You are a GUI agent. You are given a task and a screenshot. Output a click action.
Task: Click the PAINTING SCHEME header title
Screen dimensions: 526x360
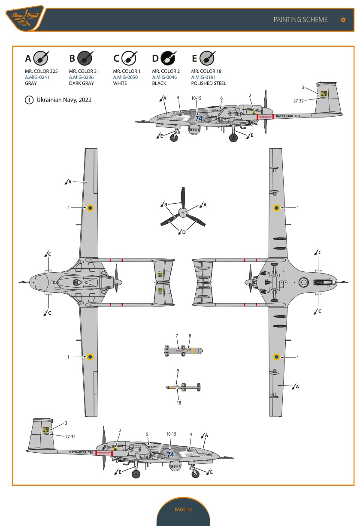point(300,20)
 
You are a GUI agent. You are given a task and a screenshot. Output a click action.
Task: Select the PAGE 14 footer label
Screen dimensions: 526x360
point(183,509)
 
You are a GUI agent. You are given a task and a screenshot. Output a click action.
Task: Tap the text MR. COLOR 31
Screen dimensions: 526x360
point(84,71)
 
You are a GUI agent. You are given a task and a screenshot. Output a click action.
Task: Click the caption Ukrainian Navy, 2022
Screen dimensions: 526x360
point(64,100)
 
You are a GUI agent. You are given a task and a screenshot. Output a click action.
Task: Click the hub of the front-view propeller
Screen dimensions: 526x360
point(183,212)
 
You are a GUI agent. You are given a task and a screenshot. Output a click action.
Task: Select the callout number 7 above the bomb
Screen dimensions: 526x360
point(176,335)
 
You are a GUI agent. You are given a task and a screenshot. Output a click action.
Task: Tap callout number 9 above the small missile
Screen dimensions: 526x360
point(178,370)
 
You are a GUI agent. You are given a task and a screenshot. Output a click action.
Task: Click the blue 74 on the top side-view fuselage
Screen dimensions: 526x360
point(199,118)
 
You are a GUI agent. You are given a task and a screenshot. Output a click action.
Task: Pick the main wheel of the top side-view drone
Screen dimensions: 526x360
point(233,138)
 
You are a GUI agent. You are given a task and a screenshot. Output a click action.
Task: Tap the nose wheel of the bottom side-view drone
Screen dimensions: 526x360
point(195,474)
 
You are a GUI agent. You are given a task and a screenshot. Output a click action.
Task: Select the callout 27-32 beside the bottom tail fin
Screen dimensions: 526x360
point(70,436)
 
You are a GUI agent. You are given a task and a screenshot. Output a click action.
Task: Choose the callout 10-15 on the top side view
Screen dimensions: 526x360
point(197,98)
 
